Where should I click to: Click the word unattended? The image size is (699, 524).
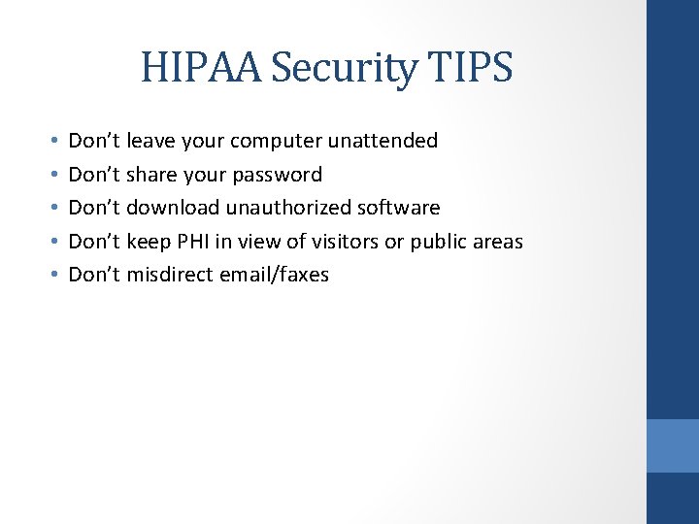click(383, 141)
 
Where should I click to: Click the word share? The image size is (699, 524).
click(150, 175)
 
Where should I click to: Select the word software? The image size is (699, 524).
click(400, 208)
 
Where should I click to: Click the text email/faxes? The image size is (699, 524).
click(274, 275)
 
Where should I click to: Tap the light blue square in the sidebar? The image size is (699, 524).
click(673, 445)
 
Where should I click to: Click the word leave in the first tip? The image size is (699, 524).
click(150, 141)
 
